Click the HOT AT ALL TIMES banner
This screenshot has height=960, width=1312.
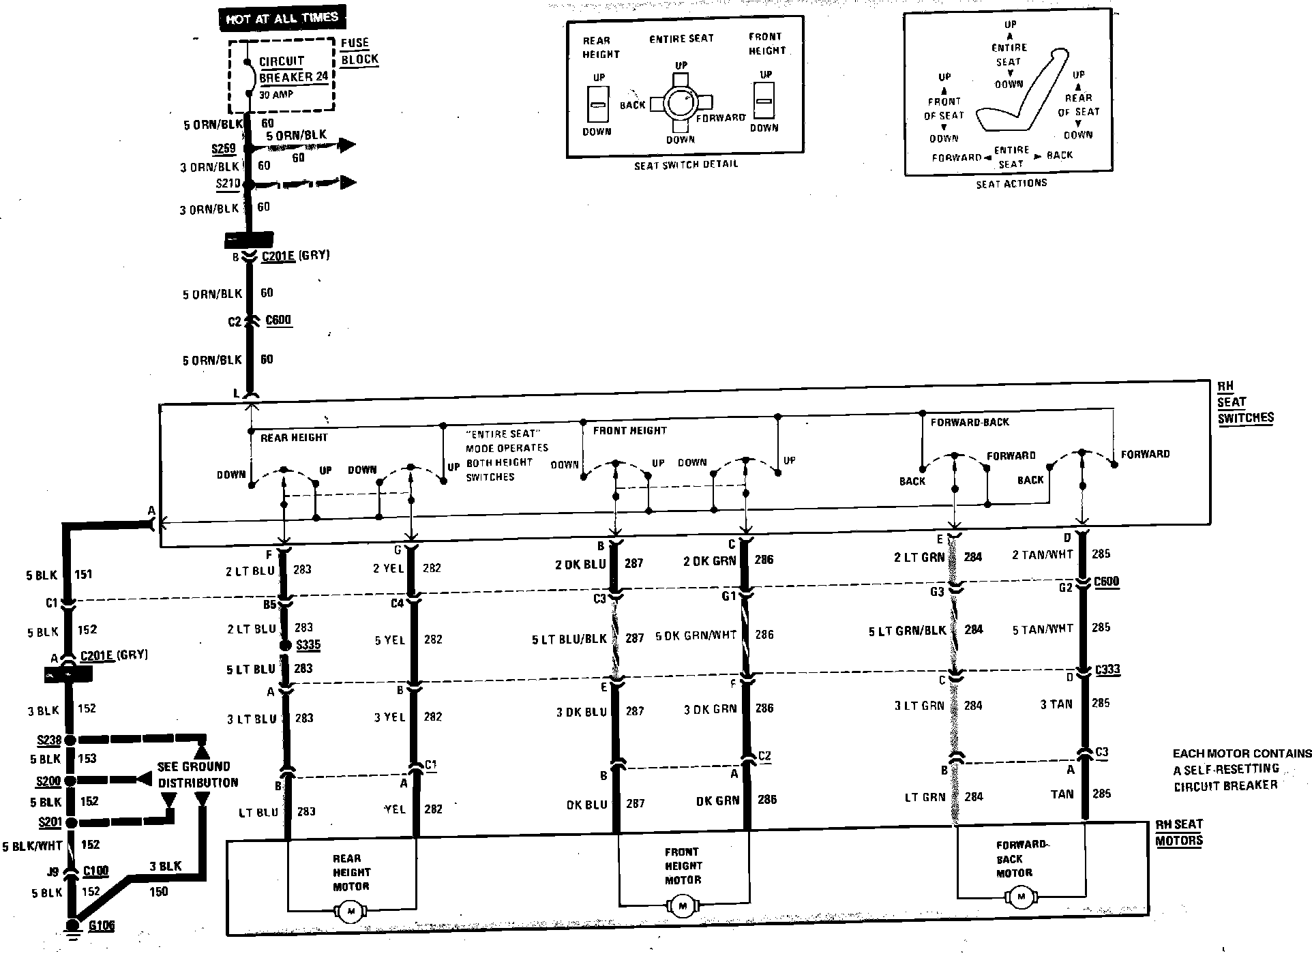(x=282, y=18)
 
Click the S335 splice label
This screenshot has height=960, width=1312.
(x=308, y=644)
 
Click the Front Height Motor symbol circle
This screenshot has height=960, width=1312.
(x=683, y=905)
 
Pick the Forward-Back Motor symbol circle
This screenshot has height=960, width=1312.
(x=1021, y=897)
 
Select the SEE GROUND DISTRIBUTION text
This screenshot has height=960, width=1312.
(x=197, y=775)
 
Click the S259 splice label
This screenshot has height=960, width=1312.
(x=224, y=149)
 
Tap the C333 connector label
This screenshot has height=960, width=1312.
(x=1107, y=670)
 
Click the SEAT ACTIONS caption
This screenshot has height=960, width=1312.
(x=1011, y=183)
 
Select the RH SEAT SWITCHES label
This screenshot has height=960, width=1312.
(x=1245, y=402)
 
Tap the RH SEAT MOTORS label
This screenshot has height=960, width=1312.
(x=1179, y=832)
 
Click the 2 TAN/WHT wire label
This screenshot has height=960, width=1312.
(x=1042, y=555)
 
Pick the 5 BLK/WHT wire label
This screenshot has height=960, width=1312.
(x=32, y=846)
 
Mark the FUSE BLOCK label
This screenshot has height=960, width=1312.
(x=359, y=51)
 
